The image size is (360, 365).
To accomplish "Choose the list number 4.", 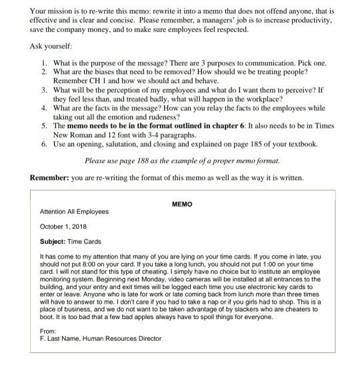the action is [43, 107].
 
